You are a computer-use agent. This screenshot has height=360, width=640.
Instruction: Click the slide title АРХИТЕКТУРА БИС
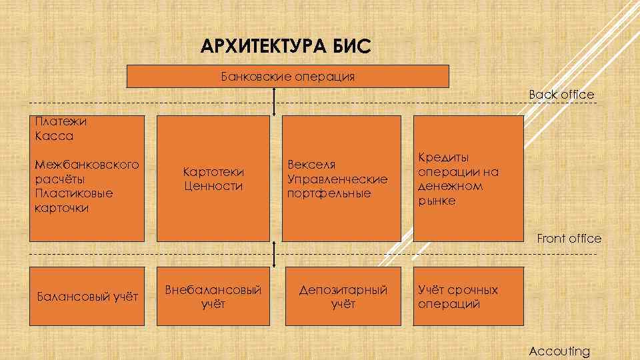click(x=284, y=47)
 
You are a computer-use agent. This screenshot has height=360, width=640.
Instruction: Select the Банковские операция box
click(x=288, y=76)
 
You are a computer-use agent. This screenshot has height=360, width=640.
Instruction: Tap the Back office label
click(x=561, y=95)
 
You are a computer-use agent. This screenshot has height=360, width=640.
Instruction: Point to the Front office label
click(x=569, y=239)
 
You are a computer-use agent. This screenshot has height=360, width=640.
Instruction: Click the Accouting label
click(x=559, y=351)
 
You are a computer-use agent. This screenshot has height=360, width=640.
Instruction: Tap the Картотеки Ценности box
click(x=213, y=179)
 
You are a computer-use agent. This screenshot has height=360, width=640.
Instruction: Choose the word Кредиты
click(x=443, y=157)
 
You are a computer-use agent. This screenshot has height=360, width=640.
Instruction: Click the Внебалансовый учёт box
click(x=213, y=297)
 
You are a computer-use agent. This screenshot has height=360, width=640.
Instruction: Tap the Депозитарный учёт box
click(x=343, y=297)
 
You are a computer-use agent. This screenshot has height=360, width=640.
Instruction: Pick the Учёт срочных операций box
click(x=467, y=297)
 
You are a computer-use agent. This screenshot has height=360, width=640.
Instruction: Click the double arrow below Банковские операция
click(x=275, y=101)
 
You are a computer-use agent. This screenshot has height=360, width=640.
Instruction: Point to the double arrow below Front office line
click(x=275, y=254)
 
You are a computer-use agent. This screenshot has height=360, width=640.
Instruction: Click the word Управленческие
click(x=337, y=179)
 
